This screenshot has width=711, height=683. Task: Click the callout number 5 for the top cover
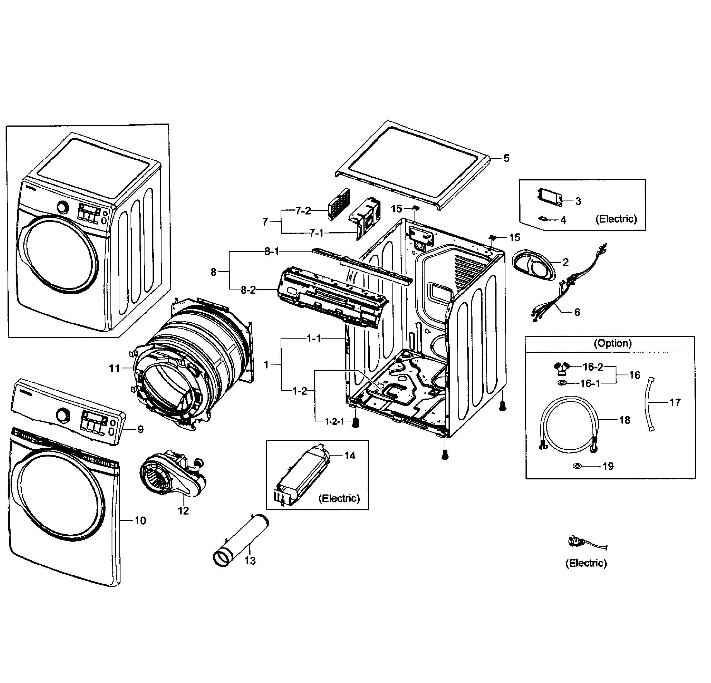[507, 158]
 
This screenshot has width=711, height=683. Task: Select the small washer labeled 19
[577, 466]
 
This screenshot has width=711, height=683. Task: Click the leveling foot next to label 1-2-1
[356, 422]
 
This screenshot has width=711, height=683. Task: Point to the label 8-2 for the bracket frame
[248, 290]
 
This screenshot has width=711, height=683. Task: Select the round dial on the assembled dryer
[63, 207]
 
